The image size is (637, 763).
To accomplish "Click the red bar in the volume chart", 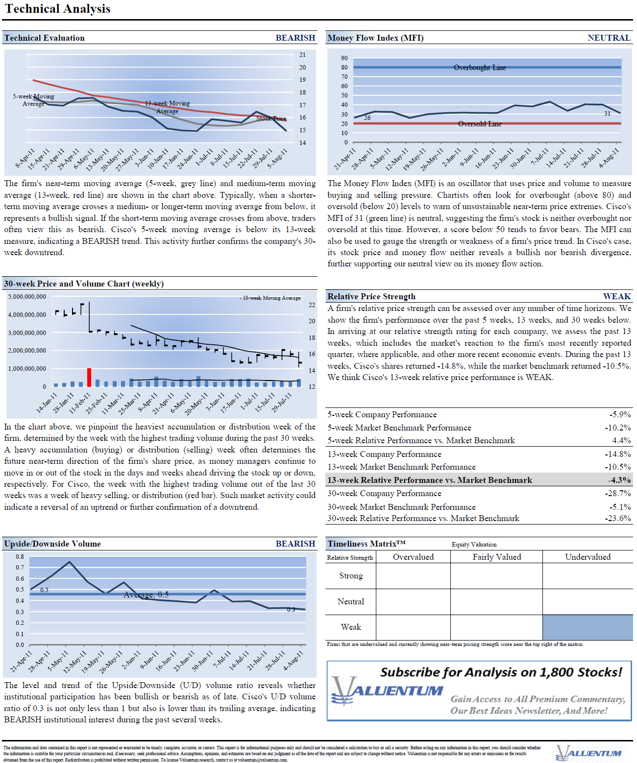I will point(89,378).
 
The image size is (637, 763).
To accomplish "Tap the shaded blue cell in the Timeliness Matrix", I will point(587,627).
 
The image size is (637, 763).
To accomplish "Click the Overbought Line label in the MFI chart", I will point(480,68).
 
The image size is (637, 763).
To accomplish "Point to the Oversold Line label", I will point(480,124).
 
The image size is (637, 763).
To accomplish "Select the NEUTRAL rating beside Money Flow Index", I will point(609,38).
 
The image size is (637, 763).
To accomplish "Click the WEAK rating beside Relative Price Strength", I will point(616,296).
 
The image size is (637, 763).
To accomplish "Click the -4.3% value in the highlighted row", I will point(619,480).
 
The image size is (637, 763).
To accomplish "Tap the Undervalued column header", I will point(588,557).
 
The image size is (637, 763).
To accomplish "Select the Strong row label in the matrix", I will point(351,575).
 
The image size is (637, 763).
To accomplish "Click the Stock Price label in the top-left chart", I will point(271,119).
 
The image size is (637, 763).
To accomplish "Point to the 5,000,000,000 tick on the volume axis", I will point(27,297).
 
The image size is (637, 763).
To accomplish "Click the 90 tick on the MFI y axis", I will point(344,58).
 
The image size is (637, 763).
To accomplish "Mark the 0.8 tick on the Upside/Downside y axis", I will point(20,557).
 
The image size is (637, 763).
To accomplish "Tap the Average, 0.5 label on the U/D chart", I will point(146,595).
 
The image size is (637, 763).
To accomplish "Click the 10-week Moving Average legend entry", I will point(271,298).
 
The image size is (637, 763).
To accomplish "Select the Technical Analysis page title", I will point(58,9).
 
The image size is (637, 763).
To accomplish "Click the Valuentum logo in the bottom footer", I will point(588,753).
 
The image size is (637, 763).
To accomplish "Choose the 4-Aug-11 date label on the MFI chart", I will point(610,158).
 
